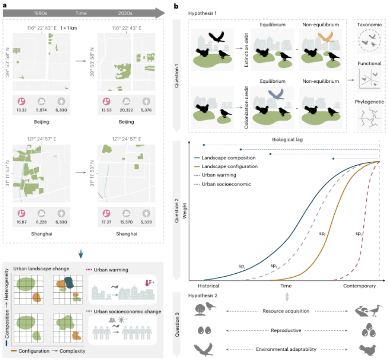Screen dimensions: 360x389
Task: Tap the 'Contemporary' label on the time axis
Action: click(360, 286)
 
